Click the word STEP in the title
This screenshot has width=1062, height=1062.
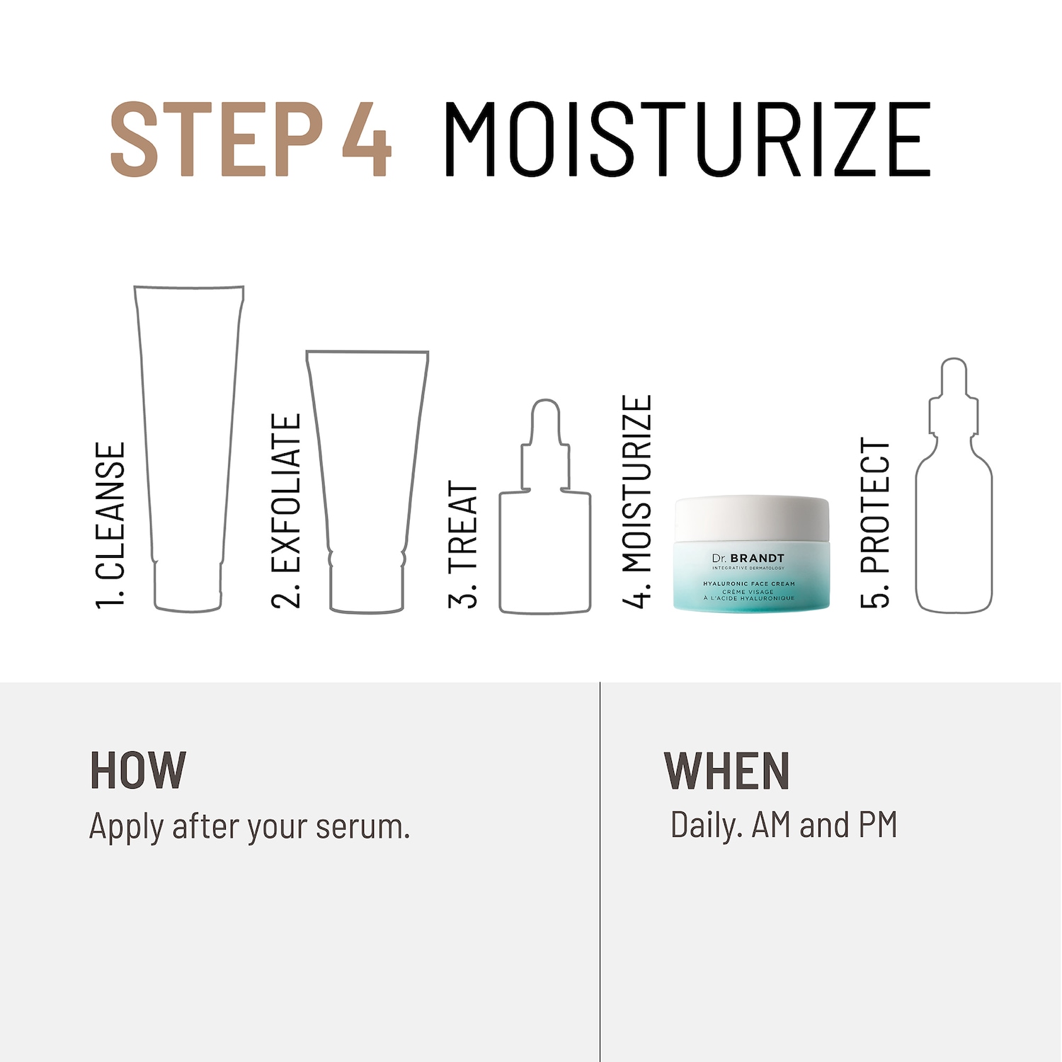click(217, 139)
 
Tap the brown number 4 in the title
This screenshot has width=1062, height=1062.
click(366, 139)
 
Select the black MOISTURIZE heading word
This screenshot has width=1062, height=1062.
click(687, 139)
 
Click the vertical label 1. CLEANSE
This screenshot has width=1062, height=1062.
click(110, 525)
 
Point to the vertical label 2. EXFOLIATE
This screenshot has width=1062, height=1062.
click(286, 510)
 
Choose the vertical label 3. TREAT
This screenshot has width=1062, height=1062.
click(463, 544)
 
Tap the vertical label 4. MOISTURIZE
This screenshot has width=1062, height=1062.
click(636, 501)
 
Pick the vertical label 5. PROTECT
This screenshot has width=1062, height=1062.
click(874, 523)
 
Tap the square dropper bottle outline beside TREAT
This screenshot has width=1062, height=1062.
click(501, 552)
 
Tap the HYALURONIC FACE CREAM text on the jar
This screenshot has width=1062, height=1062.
click(749, 584)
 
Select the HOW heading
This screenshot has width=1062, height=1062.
click(138, 770)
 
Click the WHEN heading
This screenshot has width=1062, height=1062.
click(726, 770)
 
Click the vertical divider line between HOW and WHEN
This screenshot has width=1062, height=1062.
click(600, 872)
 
